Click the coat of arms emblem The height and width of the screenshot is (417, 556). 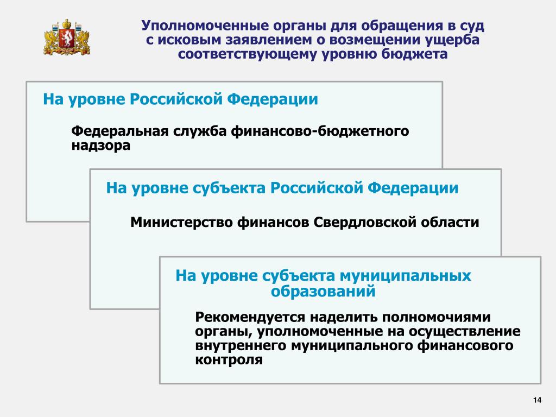67,37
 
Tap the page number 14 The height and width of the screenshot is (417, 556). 537,400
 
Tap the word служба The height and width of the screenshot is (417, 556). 200,131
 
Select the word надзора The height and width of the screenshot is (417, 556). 100,146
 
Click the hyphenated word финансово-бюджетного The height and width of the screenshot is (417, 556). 320,131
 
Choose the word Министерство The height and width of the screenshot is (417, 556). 181,222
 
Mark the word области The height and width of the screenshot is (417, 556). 450,222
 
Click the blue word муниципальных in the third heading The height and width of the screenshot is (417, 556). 405,276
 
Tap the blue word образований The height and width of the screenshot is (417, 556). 323,291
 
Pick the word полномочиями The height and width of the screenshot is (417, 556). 436,317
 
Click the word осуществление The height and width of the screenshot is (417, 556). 465,331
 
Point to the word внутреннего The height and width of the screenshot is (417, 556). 241,345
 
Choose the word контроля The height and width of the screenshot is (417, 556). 229,359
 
